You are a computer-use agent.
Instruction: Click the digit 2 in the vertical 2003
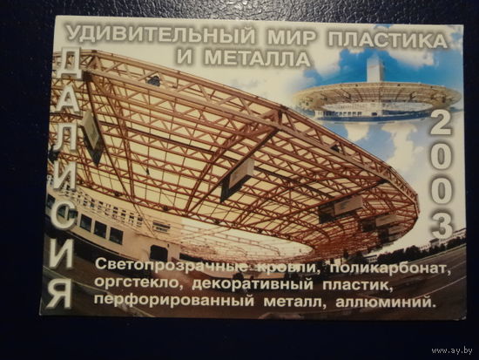[441, 122]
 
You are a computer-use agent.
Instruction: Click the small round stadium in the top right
[376, 98]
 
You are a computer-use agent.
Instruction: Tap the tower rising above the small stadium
[375, 69]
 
